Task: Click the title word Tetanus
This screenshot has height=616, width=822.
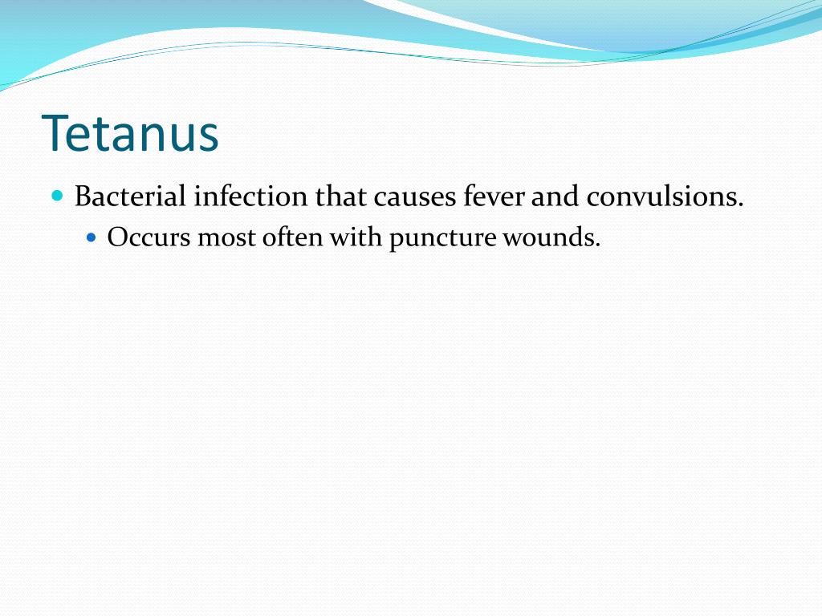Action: pos(130,133)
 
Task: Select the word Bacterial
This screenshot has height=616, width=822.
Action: pos(130,197)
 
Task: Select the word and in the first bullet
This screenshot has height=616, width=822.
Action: pos(555,197)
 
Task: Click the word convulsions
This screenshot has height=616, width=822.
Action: pos(661,197)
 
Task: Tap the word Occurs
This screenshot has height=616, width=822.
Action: pos(149,238)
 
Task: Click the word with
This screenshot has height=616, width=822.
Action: pos(356,238)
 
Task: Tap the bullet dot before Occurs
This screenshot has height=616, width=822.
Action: pos(91,238)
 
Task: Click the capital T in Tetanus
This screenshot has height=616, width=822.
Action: pos(55,133)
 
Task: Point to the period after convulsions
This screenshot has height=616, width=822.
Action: pos(740,205)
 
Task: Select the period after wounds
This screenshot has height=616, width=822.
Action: pos(597,246)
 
